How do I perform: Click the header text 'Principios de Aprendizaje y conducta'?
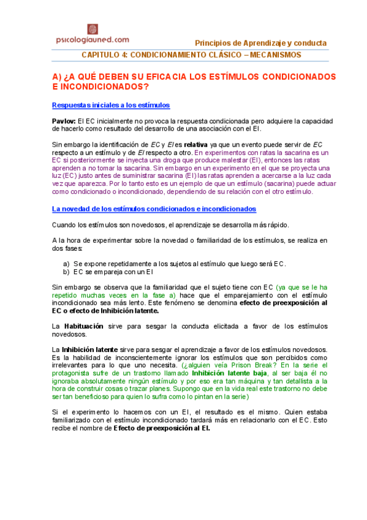click(x=260, y=43)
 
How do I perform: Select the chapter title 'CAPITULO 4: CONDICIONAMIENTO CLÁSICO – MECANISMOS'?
click(x=191, y=55)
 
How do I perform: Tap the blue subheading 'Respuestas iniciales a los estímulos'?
click(x=111, y=105)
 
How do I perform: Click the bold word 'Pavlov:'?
click(x=64, y=121)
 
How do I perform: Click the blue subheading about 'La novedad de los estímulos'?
click(x=154, y=208)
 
